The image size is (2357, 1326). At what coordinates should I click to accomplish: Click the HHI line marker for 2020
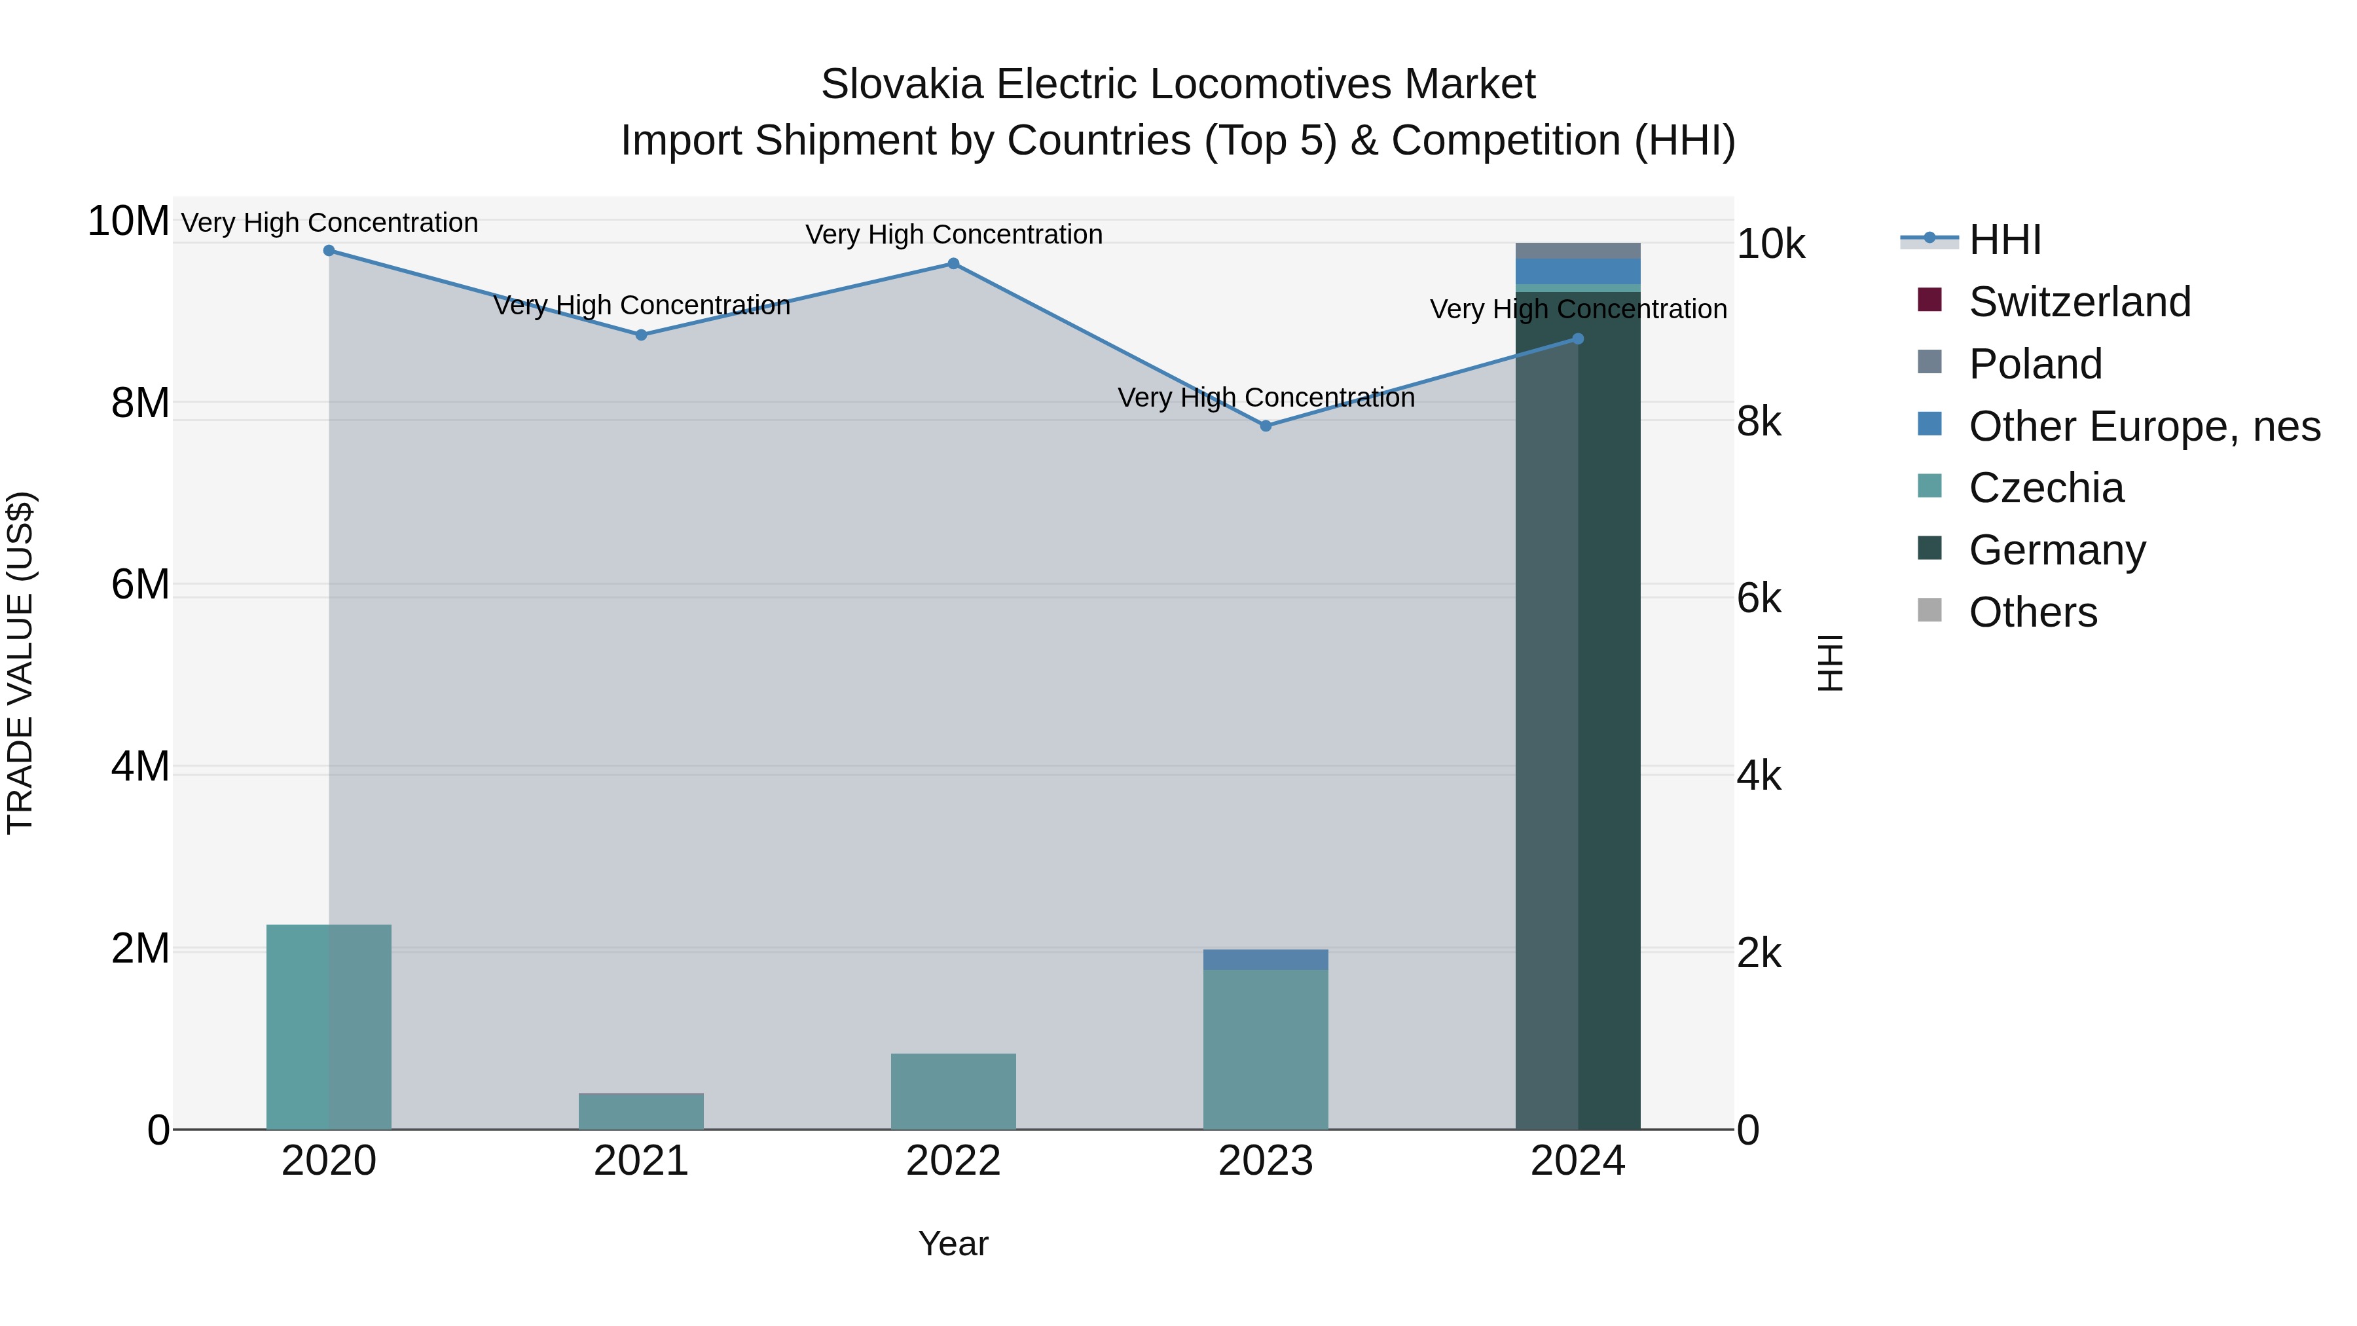point(329,251)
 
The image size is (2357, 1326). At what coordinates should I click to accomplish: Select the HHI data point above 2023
point(1266,426)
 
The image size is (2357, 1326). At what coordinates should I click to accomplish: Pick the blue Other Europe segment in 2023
point(1266,959)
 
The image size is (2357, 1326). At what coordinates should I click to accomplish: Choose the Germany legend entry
point(2057,550)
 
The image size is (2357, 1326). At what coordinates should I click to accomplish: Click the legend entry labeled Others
point(2032,612)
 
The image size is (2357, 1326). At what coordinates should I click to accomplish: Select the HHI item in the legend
point(2004,240)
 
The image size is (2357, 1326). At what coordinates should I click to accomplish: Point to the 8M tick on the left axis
point(140,403)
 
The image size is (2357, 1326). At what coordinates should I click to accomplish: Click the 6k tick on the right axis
point(1759,599)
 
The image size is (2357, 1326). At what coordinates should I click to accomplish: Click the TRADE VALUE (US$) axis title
point(20,663)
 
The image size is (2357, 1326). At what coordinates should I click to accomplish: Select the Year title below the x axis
point(953,1243)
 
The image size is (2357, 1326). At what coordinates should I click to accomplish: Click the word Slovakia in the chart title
point(902,84)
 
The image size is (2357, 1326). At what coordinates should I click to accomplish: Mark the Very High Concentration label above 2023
point(1266,397)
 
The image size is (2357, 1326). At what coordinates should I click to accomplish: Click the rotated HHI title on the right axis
point(1830,663)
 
